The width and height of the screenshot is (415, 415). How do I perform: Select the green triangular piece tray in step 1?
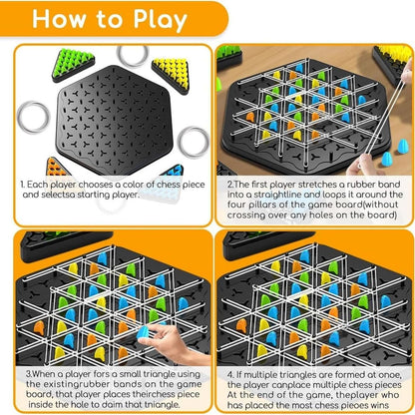(71, 62)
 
